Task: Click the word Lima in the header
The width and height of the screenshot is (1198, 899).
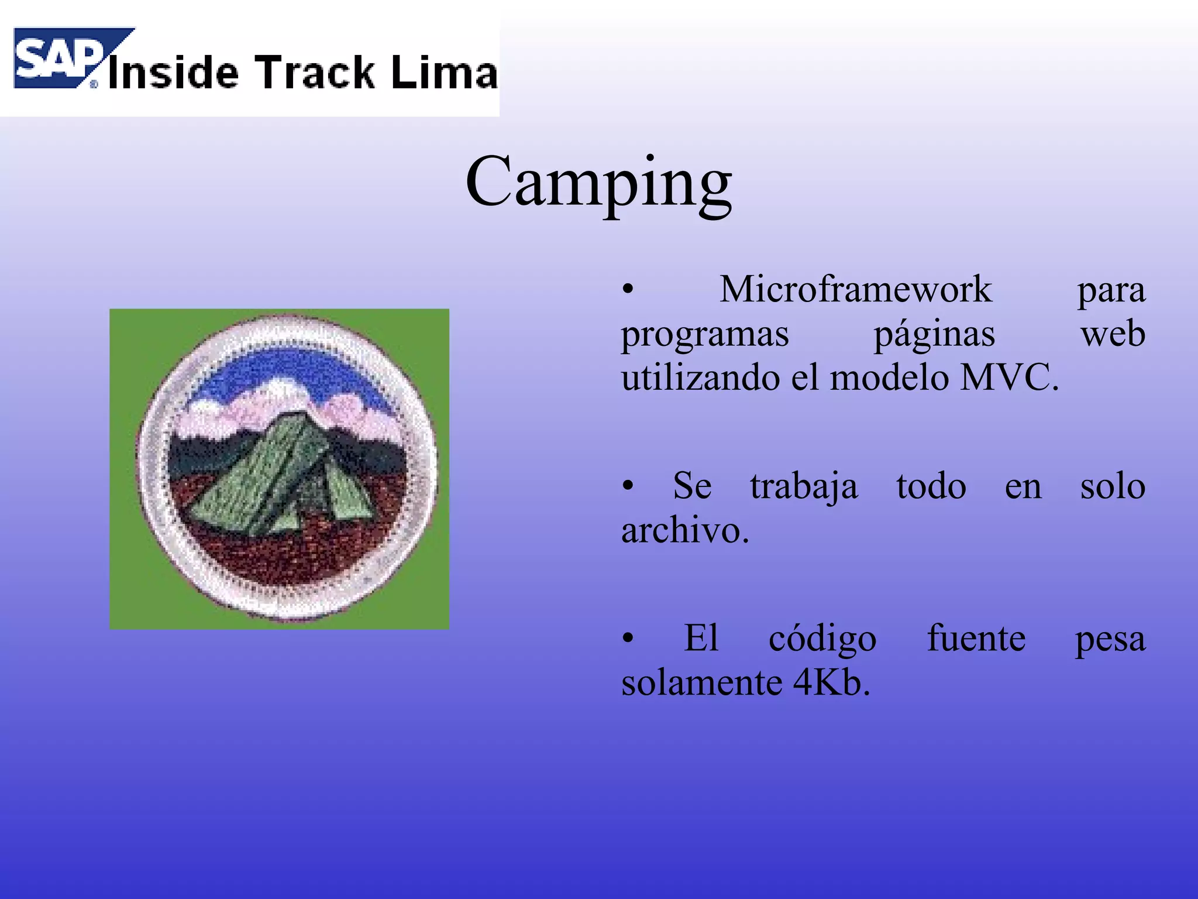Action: point(444,73)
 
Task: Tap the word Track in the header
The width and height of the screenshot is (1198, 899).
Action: point(316,73)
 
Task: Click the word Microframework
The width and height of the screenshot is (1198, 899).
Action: point(855,289)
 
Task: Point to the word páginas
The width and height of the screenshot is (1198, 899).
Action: point(934,335)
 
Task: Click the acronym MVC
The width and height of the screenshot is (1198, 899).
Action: point(1009,378)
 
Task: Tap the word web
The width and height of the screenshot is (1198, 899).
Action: point(1113,335)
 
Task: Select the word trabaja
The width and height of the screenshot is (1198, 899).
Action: point(804,487)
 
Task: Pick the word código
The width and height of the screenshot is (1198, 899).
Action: point(822,639)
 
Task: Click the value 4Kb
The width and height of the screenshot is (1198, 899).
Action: point(831,682)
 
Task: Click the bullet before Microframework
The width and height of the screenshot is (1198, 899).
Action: point(628,289)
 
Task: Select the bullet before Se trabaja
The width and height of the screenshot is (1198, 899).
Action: point(628,486)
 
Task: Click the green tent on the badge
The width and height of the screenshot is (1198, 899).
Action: point(281,474)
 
